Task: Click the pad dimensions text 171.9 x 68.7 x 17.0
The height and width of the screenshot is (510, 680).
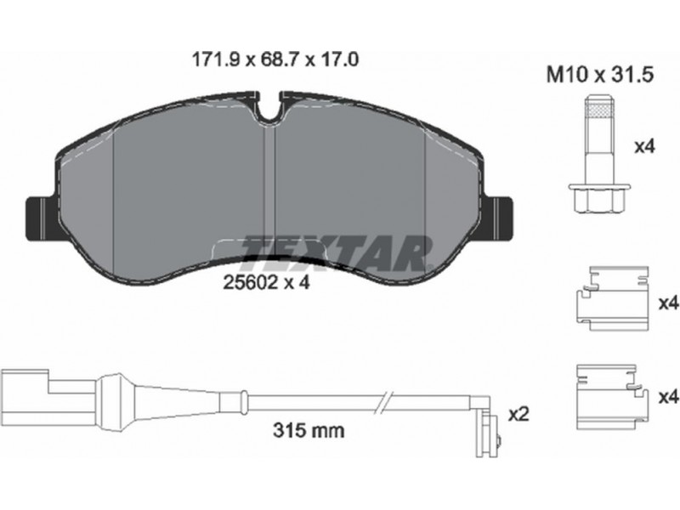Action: point(275,59)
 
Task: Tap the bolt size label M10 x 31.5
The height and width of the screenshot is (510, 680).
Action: point(600,75)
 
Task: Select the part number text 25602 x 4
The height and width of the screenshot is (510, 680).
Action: point(266,283)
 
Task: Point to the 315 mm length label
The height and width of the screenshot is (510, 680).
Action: point(309,430)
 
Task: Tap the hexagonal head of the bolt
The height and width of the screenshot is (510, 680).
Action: point(599,198)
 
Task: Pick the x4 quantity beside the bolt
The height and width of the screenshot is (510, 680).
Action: point(644,146)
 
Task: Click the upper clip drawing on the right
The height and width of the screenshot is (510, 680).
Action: point(612,298)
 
